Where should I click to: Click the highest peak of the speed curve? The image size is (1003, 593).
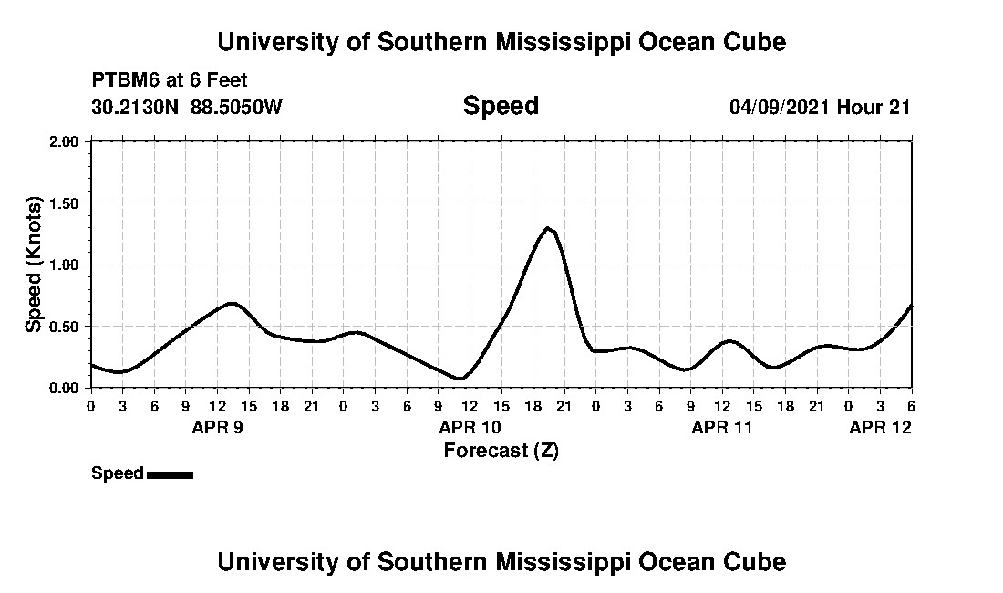[x=547, y=227]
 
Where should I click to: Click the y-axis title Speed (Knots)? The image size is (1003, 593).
[x=33, y=265]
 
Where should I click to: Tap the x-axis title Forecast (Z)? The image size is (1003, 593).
[x=501, y=450]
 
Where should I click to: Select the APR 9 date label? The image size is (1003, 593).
[x=216, y=427]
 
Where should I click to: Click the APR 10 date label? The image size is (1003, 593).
[x=469, y=427]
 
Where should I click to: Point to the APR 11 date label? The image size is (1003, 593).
[x=721, y=427]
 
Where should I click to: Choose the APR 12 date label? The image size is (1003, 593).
[x=880, y=427]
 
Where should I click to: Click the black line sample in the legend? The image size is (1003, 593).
[x=170, y=474]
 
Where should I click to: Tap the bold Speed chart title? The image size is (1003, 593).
[x=501, y=106]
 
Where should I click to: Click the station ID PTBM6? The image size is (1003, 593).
[x=123, y=81]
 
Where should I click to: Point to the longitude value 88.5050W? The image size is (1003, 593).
[x=236, y=107]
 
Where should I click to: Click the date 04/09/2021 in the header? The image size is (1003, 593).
[x=780, y=107]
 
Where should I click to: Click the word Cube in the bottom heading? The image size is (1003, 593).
[x=757, y=561]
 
